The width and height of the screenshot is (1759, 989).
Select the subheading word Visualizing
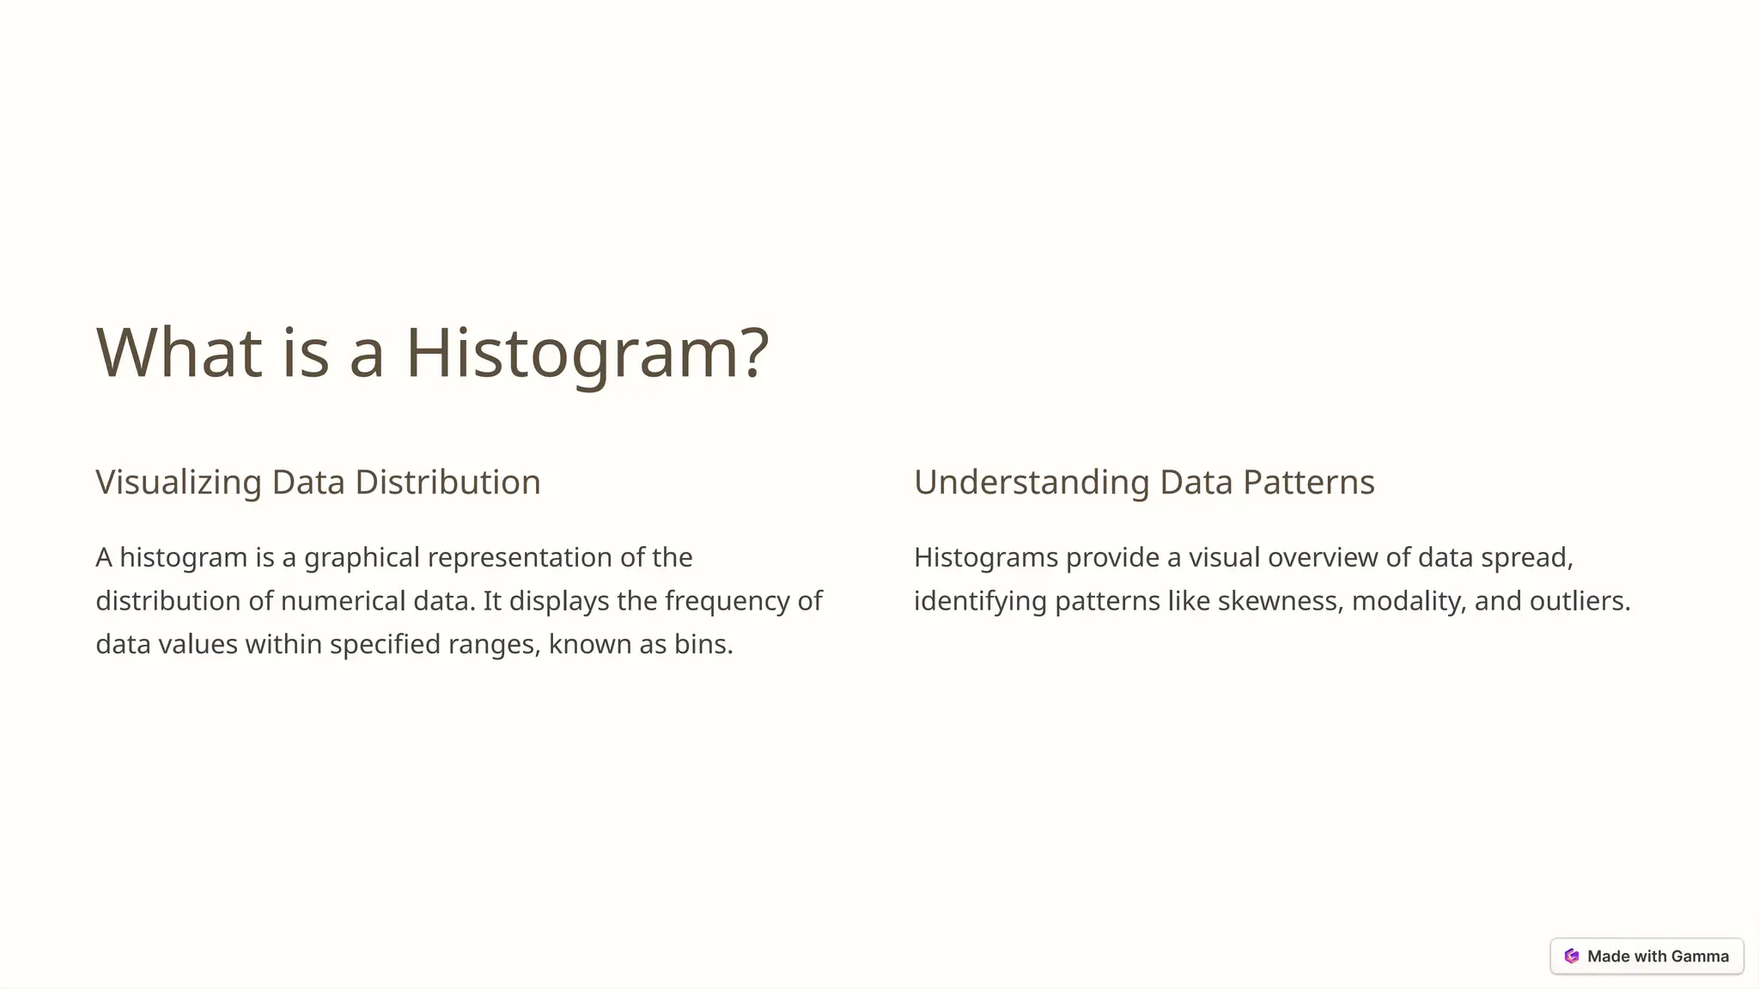click(178, 482)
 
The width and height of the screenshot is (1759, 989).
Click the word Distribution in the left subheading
click(447, 482)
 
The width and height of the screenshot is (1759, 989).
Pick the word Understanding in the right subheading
click(1031, 482)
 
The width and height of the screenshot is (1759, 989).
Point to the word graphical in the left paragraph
click(362, 558)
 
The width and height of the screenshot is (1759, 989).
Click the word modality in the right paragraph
click(1409, 601)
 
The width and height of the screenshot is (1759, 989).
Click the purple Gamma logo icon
click(1572, 956)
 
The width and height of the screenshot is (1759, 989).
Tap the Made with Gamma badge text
click(1658, 956)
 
